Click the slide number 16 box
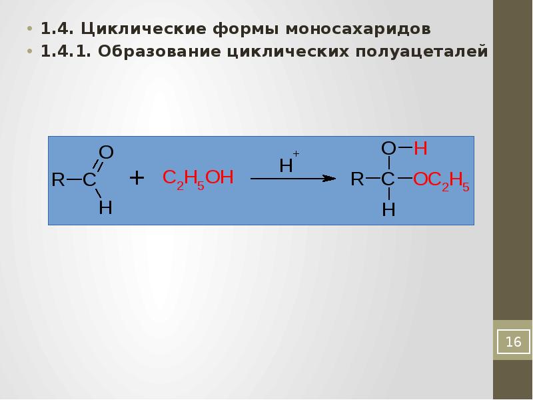(x=512, y=342)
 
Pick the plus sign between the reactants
(x=137, y=178)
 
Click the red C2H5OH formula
(x=199, y=179)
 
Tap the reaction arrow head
(x=328, y=179)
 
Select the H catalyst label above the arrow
(x=286, y=165)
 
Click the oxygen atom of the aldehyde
(x=107, y=153)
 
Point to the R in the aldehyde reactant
(x=58, y=180)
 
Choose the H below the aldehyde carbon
(x=105, y=207)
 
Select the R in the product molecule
(x=358, y=179)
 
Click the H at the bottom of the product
(x=388, y=210)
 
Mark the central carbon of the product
(x=388, y=179)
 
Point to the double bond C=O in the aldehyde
(x=97, y=167)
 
